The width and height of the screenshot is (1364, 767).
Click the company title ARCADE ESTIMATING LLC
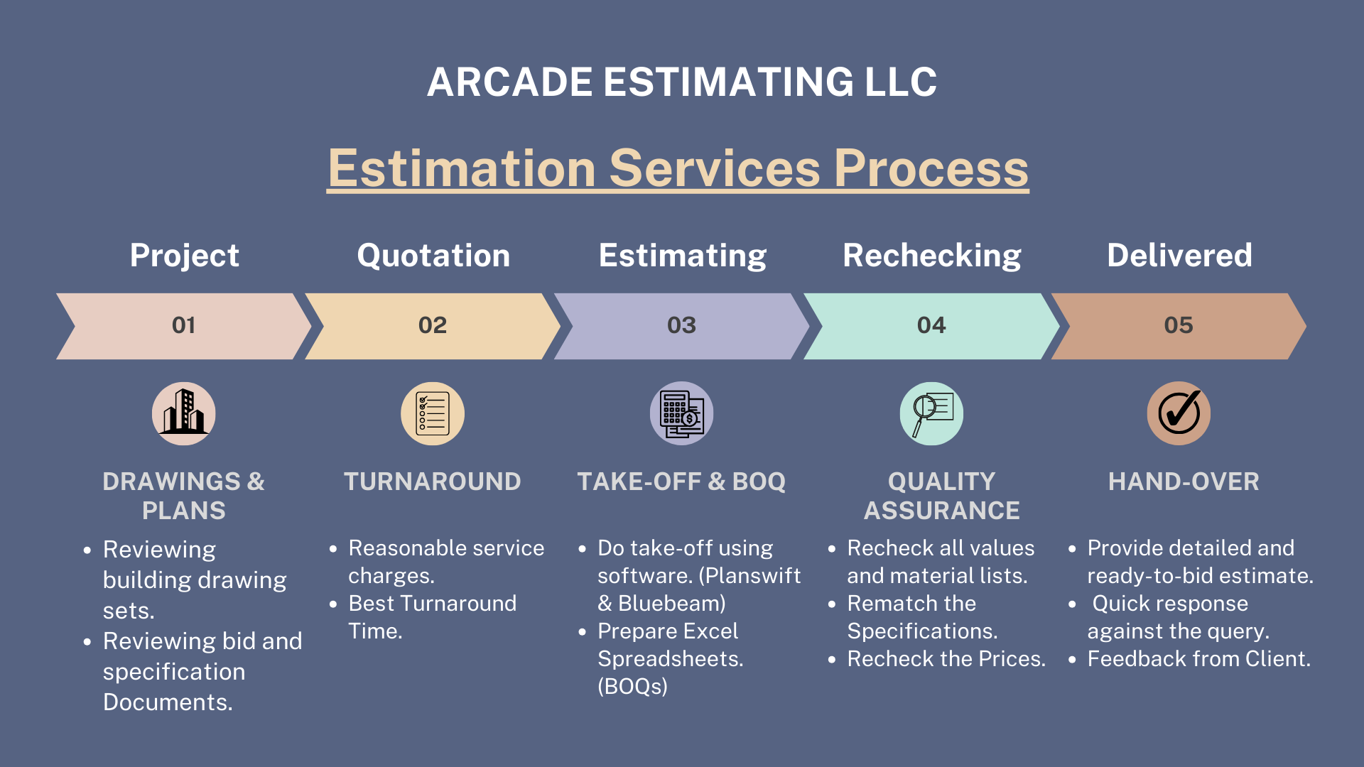coord(682,82)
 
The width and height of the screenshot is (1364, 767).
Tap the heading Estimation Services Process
coord(678,169)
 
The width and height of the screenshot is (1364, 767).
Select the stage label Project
coord(184,256)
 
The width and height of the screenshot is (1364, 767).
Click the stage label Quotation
coord(433,256)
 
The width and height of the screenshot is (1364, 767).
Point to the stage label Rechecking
coord(931,256)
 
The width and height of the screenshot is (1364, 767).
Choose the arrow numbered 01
coord(183,326)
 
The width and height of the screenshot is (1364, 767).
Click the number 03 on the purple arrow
coord(681,325)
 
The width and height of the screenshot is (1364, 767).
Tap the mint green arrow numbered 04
coord(931,326)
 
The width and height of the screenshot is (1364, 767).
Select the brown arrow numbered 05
coord(1178,326)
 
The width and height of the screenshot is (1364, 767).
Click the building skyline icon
coord(184,413)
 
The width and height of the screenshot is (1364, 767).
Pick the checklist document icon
coord(433,413)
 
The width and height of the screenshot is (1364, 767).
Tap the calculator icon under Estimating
coord(681,413)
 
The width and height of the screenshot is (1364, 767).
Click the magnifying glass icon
coord(931,413)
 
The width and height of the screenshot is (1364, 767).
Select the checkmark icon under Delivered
coord(1179,413)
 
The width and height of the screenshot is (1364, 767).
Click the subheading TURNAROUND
coord(433,482)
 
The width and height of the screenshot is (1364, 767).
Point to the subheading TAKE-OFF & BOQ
coord(681,482)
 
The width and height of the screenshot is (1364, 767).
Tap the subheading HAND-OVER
coord(1184,482)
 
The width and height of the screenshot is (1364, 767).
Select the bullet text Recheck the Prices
coord(946,659)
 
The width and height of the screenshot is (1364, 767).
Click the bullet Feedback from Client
coord(1198,659)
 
